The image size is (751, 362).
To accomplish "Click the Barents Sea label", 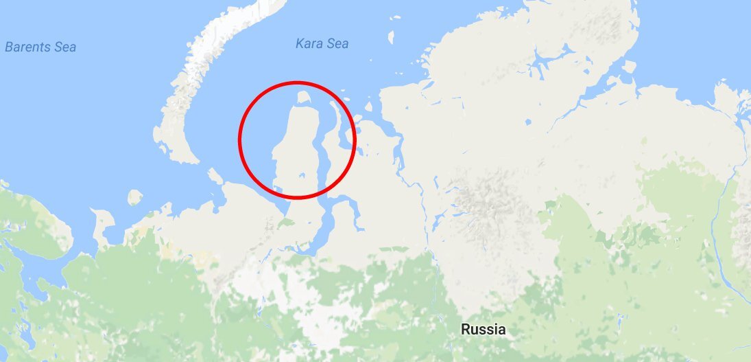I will click(x=40, y=47).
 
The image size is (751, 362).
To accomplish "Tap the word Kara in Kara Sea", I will click(x=309, y=44).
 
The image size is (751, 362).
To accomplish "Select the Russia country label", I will click(x=483, y=329).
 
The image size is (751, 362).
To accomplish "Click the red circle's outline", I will click(x=239, y=141).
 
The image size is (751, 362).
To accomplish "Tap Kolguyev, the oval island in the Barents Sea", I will click(x=135, y=198).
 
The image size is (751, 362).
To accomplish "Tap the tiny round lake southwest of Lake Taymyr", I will click(x=529, y=122).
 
